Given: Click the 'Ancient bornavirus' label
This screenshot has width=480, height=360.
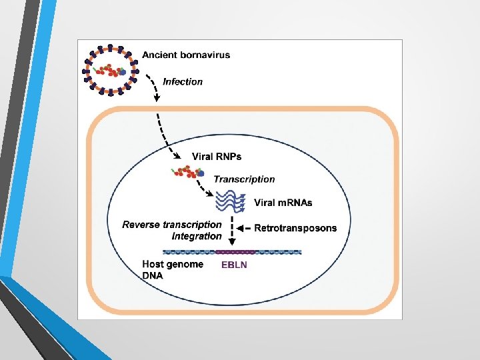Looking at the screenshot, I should (186, 55).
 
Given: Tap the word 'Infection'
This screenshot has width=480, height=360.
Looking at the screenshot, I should (183, 81).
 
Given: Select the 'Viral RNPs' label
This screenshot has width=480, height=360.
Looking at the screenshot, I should (217, 157).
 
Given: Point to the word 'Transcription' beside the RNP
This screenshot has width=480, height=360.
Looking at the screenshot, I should (244, 179).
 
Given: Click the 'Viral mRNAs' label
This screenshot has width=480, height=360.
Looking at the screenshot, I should (284, 203).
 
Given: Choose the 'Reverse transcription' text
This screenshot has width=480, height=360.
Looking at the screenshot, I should (172, 225).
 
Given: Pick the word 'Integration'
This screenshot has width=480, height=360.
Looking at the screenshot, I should (197, 236).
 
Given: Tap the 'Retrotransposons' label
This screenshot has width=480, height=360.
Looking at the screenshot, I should (295, 228).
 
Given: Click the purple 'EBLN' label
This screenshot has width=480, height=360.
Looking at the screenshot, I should (234, 265).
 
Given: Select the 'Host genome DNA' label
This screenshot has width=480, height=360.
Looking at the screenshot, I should (173, 269).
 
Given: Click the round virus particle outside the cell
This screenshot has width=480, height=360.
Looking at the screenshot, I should (111, 69).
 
